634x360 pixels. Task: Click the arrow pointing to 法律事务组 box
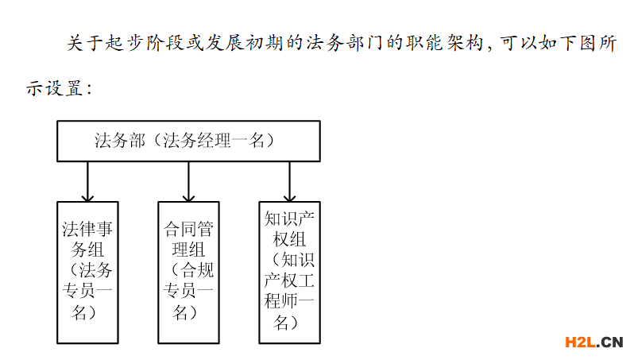point(87,182)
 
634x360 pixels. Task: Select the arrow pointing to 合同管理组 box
point(188,182)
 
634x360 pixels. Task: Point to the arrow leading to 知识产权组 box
point(289,182)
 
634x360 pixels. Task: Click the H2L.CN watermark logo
point(594,343)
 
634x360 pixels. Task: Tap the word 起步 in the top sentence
point(126,43)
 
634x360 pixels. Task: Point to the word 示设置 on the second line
point(55,88)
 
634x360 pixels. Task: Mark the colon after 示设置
point(89,89)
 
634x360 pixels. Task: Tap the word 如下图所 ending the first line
point(578,43)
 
